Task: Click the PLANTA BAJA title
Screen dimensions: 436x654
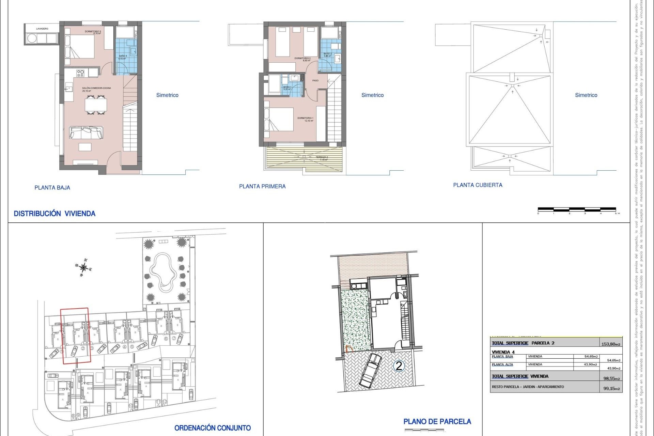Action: [x=52, y=187]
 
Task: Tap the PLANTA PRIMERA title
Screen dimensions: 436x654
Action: [x=262, y=186]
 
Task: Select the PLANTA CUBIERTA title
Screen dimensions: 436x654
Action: [x=478, y=185]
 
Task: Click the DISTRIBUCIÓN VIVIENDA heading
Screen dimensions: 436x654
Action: [x=54, y=214]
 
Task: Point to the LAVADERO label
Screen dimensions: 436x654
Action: [x=42, y=29]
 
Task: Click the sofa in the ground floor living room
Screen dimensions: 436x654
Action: [x=86, y=133]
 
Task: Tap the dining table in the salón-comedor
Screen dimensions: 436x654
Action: [x=96, y=105]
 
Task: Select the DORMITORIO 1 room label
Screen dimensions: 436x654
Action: [x=305, y=118]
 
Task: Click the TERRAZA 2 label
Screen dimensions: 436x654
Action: [x=322, y=157]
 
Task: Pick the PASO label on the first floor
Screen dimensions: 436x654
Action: [x=315, y=80]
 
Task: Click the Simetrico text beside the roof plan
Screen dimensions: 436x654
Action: [x=586, y=95]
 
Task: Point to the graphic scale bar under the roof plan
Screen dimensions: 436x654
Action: [x=577, y=209]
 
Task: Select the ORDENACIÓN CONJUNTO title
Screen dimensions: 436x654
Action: [x=213, y=428]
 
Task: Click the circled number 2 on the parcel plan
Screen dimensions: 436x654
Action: [x=399, y=366]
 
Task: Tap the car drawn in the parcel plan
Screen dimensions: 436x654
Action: [x=370, y=371]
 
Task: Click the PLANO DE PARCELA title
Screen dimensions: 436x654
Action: [x=437, y=422]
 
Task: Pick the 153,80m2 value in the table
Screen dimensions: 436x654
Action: [x=611, y=344]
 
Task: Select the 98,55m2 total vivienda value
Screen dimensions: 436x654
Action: [x=611, y=378]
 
